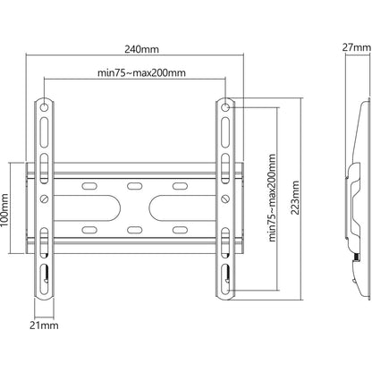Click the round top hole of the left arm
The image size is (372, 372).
click(x=44, y=106)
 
